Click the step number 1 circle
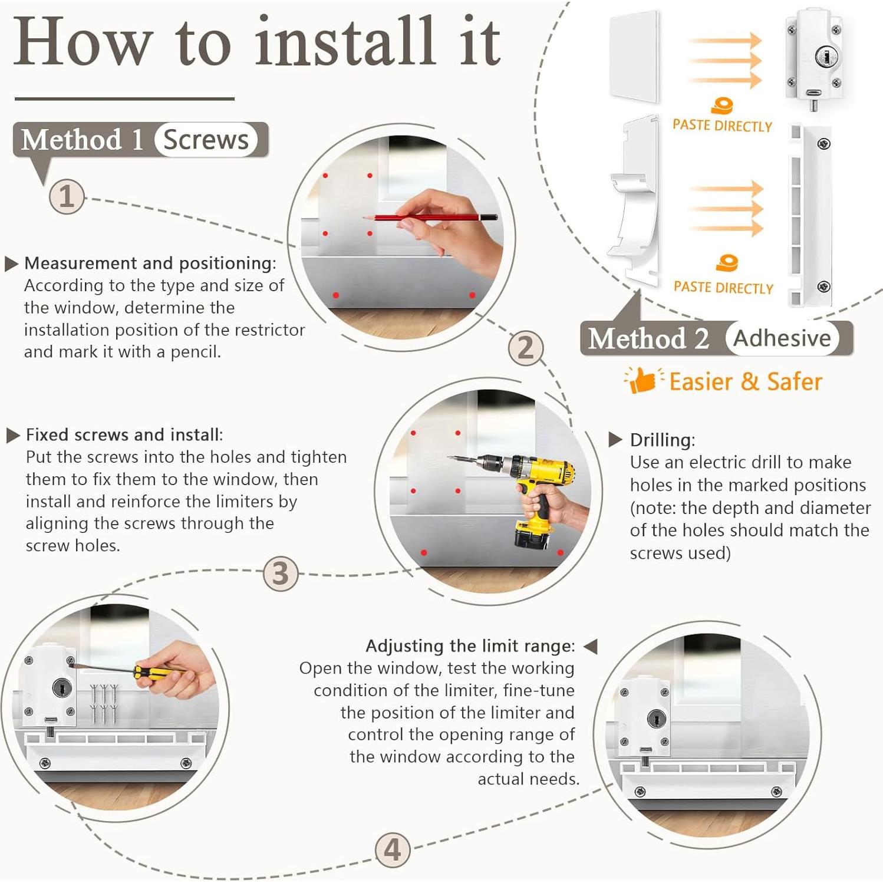[x=67, y=196]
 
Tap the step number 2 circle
[x=525, y=347]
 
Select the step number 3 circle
[x=281, y=573]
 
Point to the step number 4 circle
[x=393, y=849]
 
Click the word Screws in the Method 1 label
[x=206, y=140]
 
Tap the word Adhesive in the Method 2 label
[x=782, y=338]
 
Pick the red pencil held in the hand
[x=431, y=218]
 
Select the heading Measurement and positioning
[x=150, y=263]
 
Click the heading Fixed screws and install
[x=124, y=435]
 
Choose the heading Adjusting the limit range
[x=470, y=646]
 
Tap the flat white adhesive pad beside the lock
[x=634, y=57]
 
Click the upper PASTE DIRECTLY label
[x=722, y=125]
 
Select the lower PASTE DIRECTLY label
[x=723, y=287]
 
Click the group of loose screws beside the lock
[x=104, y=703]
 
